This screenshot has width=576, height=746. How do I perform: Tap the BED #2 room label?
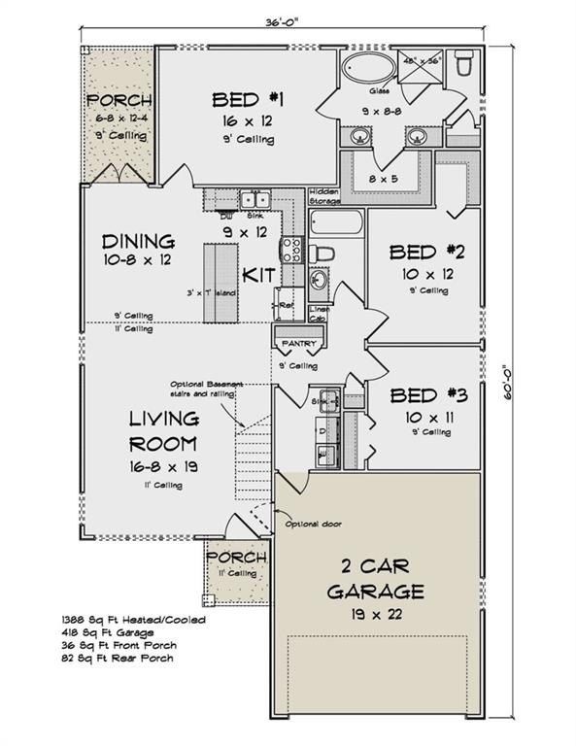click(x=427, y=253)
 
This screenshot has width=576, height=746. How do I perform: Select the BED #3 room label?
click(x=427, y=395)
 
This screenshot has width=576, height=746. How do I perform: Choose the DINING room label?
click(x=138, y=241)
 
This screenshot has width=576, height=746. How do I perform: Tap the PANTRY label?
click(x=294, y=345)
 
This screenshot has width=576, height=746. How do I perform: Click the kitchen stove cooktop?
click(x=289, y=251)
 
